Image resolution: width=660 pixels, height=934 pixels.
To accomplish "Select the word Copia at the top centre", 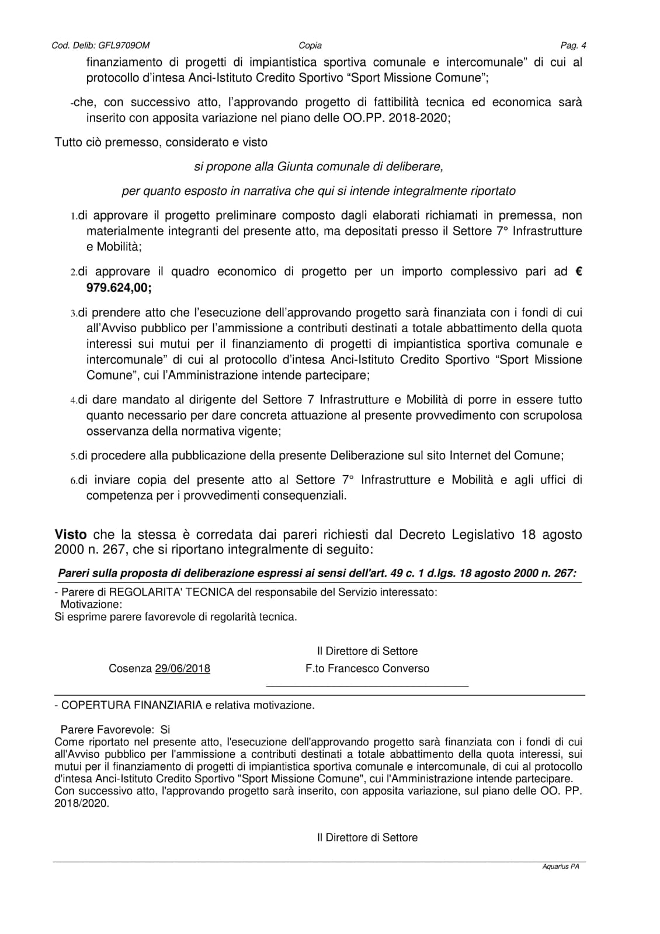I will click(x=310, y=46).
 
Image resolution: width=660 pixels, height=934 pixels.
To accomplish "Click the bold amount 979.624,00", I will click(x=119, y=287).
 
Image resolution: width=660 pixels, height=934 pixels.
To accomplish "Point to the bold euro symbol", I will click(x=578, y=271).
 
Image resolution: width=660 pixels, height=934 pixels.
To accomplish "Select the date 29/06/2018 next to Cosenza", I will click(x=182, y=669).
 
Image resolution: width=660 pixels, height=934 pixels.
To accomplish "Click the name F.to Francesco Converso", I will click(x=367, y=669).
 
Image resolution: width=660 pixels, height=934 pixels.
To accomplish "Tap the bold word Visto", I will click(x=70, y=535).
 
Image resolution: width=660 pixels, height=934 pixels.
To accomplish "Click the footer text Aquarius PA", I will click(x=561, y=867).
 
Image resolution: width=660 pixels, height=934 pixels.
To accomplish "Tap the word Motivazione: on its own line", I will click(x=91, y=605).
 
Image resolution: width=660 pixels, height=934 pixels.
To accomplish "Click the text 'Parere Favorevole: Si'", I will click(x=115, y=730).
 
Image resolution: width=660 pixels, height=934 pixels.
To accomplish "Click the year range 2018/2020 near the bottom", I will click(x=81, y=803).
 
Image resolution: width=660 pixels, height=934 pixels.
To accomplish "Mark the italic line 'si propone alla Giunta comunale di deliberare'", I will click(x=318, y=167).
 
